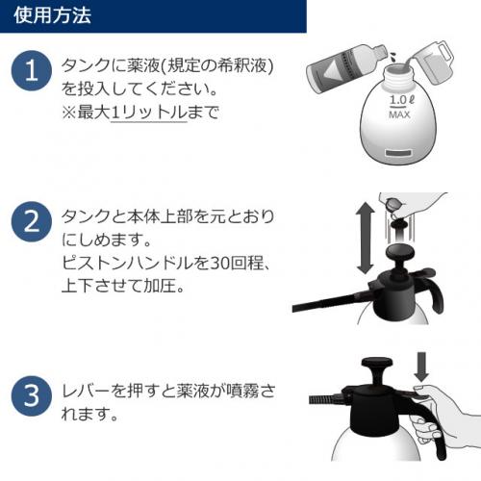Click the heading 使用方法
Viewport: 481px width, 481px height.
point(52,15)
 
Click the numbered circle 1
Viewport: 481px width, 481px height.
point(32,70)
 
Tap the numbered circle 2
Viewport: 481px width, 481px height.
point(32,221)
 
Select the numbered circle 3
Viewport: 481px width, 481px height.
point(32,396)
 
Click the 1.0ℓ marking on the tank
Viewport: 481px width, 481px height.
point(401,100)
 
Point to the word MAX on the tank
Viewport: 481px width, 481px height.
point(399,114)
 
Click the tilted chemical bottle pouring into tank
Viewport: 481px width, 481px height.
point(347,68)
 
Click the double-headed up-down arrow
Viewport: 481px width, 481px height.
point(366,238)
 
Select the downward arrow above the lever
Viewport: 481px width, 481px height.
point(421,367)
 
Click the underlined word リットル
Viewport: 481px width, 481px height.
point(149,113)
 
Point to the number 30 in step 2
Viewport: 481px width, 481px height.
point(220,263)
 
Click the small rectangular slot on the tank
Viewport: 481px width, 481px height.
point(398,153)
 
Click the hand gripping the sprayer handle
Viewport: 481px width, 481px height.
point(444,414)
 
